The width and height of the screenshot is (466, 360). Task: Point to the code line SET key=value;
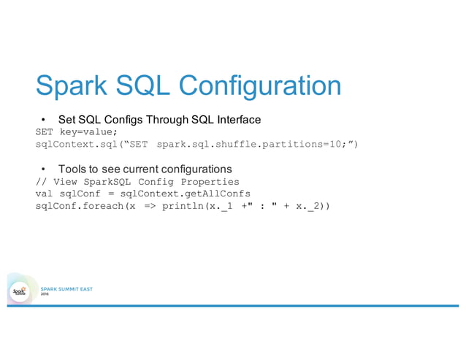[x=76, y=131]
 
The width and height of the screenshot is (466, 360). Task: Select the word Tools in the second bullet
[x=73, y=168]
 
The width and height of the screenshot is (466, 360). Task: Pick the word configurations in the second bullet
[x=201, y=168]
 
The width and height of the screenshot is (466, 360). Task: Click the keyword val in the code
[x=45, y=194]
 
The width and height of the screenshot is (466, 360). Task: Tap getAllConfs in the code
[x=217, y=194]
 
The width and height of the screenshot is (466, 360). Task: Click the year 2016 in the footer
[x=45, y=295]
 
